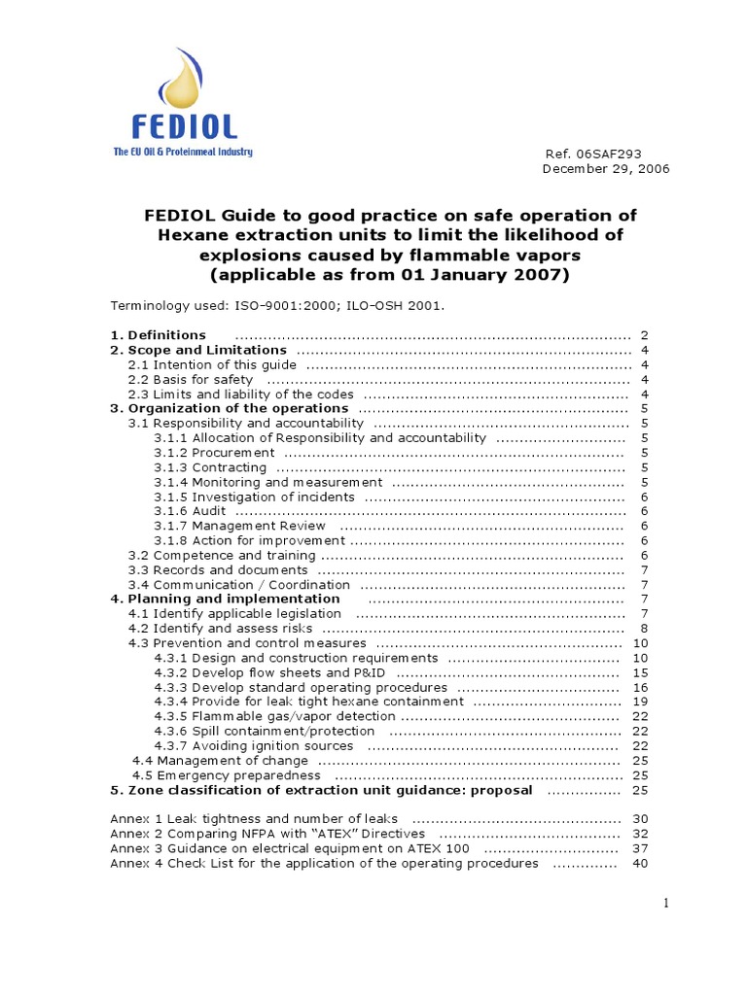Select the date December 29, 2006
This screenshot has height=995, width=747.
click(605, 169)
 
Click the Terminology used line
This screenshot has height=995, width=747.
click(277, 305)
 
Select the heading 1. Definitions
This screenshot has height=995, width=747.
click(158, 334)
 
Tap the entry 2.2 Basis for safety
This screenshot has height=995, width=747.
click(191, 379)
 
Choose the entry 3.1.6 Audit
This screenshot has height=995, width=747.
click(190, 511)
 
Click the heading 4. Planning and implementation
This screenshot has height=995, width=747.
click(226, 600)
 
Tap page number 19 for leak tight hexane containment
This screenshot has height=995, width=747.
click(640, 702)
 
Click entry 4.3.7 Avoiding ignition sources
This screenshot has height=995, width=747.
click(253, 746)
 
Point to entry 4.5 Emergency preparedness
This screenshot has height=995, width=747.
click(227, 775)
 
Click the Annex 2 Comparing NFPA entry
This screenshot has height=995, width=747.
click(267, 834)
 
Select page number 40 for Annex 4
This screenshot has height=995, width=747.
click(640, 863)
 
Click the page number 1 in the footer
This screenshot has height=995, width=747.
click(666, 904)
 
